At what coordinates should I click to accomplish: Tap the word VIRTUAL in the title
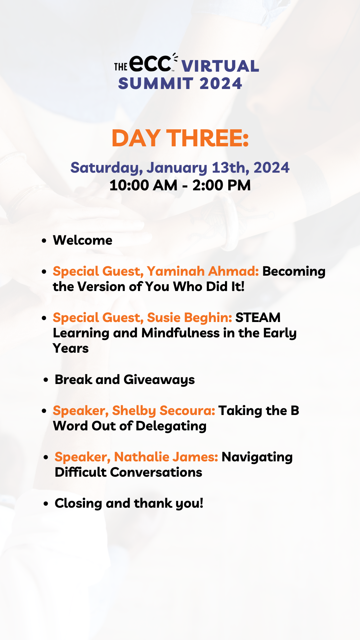(x=220, y=66)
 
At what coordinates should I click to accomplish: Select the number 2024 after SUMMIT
(x=221, y=83)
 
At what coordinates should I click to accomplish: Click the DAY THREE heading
(x=180, y=138)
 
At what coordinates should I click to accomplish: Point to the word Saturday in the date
(x=106, y=168)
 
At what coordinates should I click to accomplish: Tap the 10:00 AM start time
(x=143, y=185)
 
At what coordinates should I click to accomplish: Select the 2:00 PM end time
(x=222, y=185)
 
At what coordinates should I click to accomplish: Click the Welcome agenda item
(x=83, y=240)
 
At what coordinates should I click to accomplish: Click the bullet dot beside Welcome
(x=44, y=241)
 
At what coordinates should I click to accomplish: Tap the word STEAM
(x=258, y=318)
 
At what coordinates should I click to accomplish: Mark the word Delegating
(x=171, y=426)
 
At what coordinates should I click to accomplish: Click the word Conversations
(x=156, y=472)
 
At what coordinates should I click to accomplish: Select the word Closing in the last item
(x=78, y=503)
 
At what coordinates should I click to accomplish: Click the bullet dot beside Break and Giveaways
(x=46, y=380)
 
